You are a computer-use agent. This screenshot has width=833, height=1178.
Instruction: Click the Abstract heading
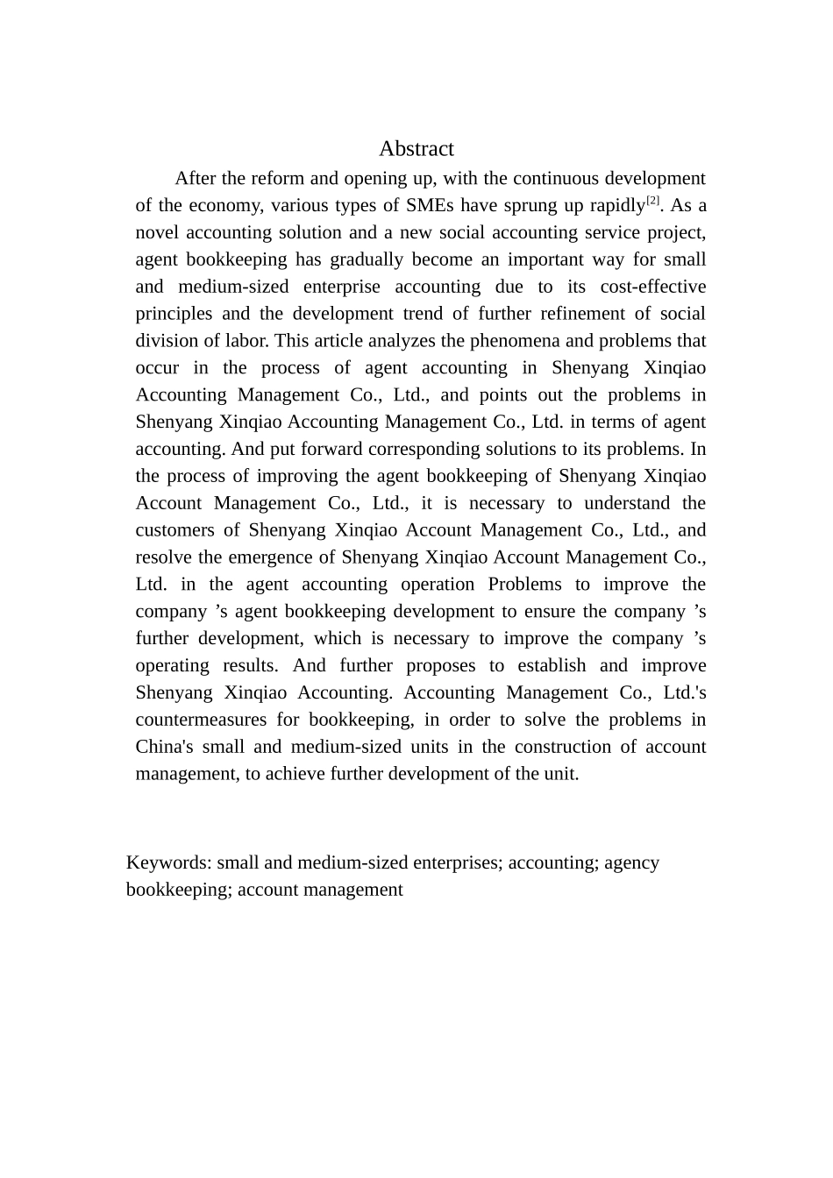point(416,149)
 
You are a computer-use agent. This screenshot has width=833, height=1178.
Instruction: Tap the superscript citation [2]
point(652,201)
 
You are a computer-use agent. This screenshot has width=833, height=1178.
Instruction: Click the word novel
point(158,233)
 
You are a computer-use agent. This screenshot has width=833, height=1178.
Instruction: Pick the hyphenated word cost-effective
point(653,287)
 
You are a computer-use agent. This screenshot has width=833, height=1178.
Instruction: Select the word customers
point(175,531)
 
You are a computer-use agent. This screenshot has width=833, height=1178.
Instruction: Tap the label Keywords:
point(168,863)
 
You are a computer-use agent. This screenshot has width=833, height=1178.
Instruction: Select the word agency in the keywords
point(631,863)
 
